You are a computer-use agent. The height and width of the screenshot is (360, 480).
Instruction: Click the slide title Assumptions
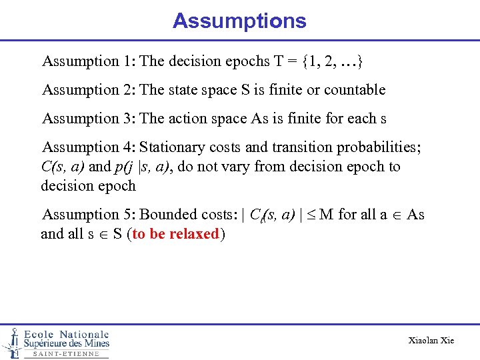239,21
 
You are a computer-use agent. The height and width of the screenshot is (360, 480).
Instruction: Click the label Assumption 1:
89,61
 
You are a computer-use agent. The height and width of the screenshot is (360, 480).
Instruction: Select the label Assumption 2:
89,90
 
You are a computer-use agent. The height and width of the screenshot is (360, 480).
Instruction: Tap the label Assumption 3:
89,119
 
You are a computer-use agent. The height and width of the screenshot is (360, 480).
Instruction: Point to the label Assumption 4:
89,147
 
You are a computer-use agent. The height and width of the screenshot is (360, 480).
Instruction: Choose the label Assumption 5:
89,215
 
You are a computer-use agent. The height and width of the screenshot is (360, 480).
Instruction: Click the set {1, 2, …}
332,61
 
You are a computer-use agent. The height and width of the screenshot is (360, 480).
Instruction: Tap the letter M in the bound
327,215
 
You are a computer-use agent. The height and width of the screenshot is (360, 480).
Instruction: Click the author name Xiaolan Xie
431,341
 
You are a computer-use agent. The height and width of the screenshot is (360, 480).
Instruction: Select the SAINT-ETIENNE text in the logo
66,354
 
